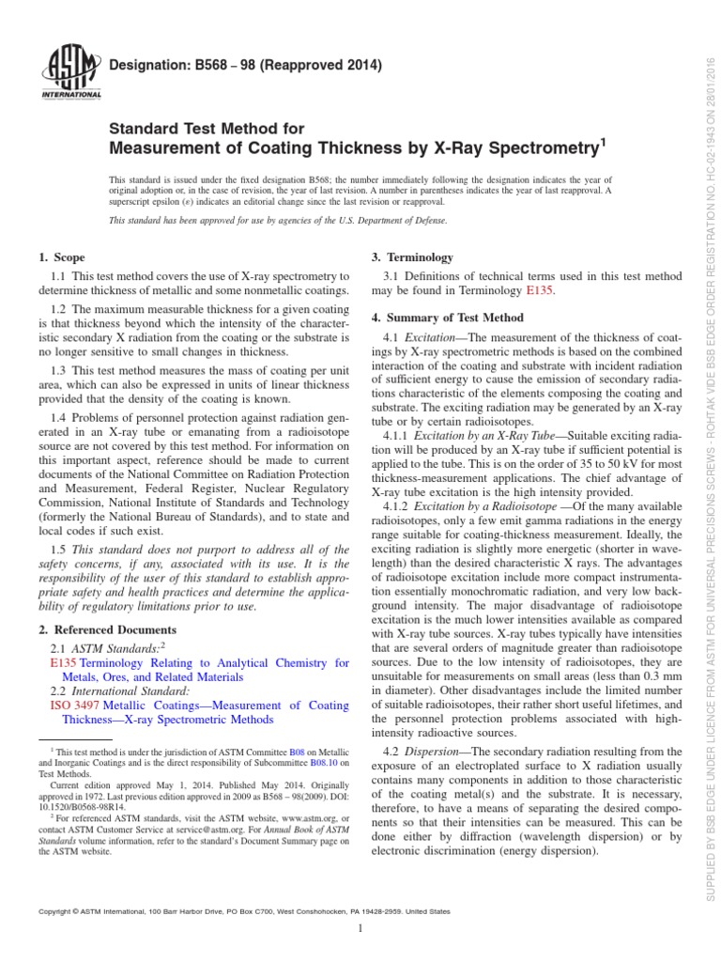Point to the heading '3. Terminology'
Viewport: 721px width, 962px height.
click(x=414, y=257)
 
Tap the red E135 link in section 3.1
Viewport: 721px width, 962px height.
click(x=541, y=292)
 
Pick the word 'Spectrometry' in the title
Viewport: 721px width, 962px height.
click(x=540, y=148)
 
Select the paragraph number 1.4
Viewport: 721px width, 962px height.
click(x=57, y=442)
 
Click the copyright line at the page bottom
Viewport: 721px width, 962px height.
click(x=242, y=911)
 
